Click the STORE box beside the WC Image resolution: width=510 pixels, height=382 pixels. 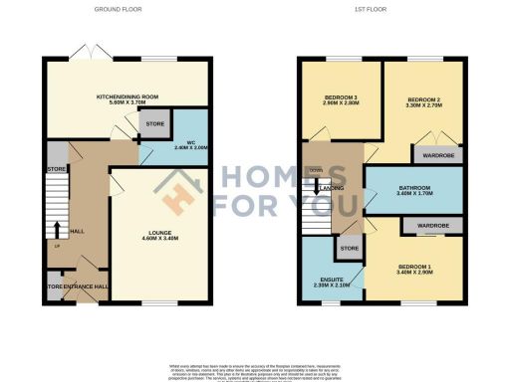click(x=155, y=124)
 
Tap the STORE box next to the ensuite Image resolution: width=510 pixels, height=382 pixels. click(x=349, y=248)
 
